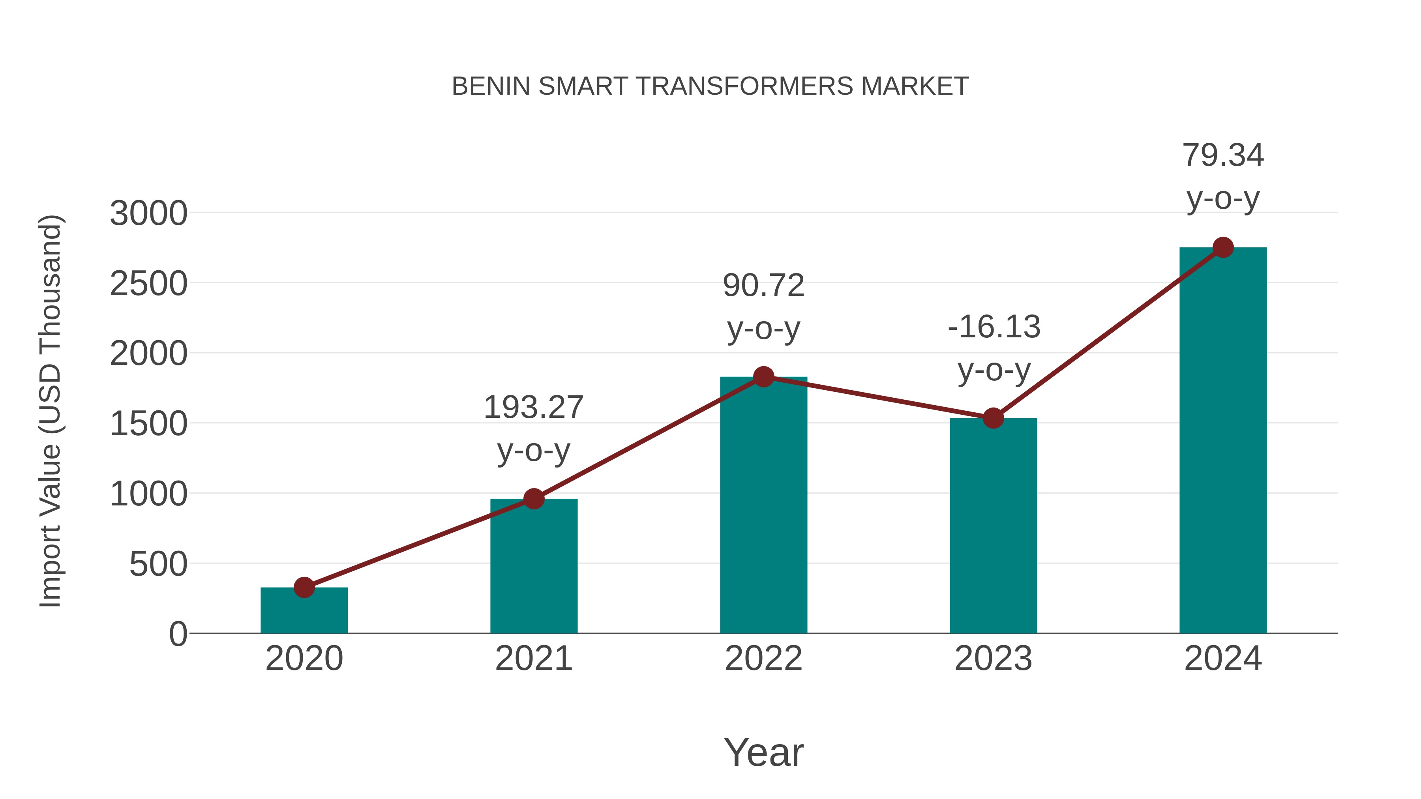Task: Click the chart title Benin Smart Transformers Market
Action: (710, 86)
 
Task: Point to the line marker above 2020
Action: (304, 587)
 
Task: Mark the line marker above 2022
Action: (763, 377)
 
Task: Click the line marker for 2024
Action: (1223, 247)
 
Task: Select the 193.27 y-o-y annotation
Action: (533, 429)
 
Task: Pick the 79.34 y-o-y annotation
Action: (1223, 176)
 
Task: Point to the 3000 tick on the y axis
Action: (148, 213)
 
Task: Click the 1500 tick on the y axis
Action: (148, 424)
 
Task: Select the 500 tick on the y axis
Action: (158, 564)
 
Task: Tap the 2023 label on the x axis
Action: (993, 659)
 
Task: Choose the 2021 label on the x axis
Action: (533, 659)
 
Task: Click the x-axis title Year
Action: (763, 752)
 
